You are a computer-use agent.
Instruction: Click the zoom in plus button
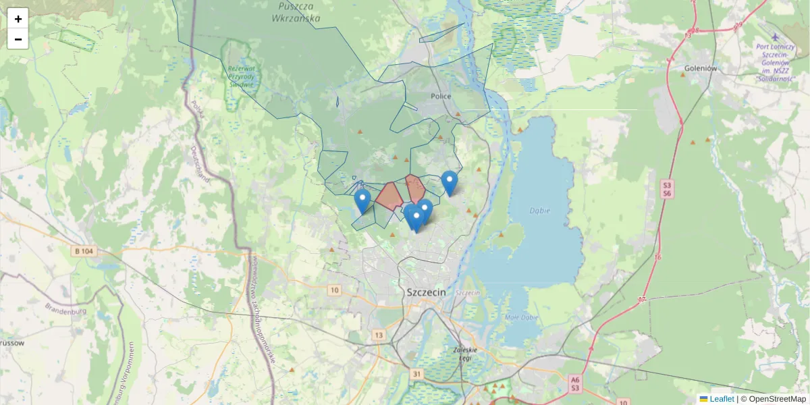coord(18,19)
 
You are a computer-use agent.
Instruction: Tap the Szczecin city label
coord(427,292)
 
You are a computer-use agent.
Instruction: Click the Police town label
coord(441,97)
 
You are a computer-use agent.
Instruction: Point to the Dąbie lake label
coord(539,211)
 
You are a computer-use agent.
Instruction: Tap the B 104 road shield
coord(84,250)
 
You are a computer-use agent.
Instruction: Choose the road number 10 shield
coord(334,290)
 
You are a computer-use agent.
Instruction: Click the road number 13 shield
coord(378,335)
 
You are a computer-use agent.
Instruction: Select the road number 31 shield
coord(416,374)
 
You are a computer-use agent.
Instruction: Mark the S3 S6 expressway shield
coord(667,189)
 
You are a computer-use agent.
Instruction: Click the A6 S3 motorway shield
coord(574,383)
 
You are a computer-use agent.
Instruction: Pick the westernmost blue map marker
coord(362,200)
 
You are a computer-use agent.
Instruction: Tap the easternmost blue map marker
coord(450,182)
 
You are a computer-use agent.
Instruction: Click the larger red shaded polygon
coord(389,196)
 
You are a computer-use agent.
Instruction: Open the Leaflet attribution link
coord(721,399)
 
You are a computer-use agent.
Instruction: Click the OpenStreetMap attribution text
coord(777,399)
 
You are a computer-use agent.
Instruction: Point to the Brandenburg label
coord(65,311)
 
